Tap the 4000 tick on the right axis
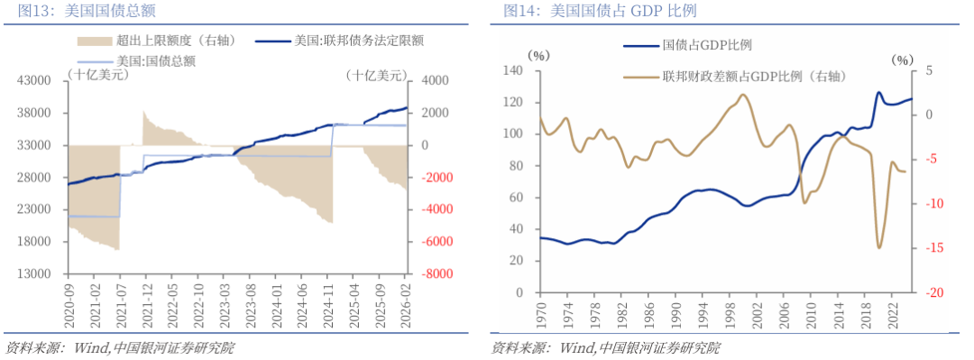point(432,80)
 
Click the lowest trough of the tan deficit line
point(878,247)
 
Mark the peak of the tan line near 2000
point(742,94)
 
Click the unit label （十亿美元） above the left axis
point(97,76)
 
